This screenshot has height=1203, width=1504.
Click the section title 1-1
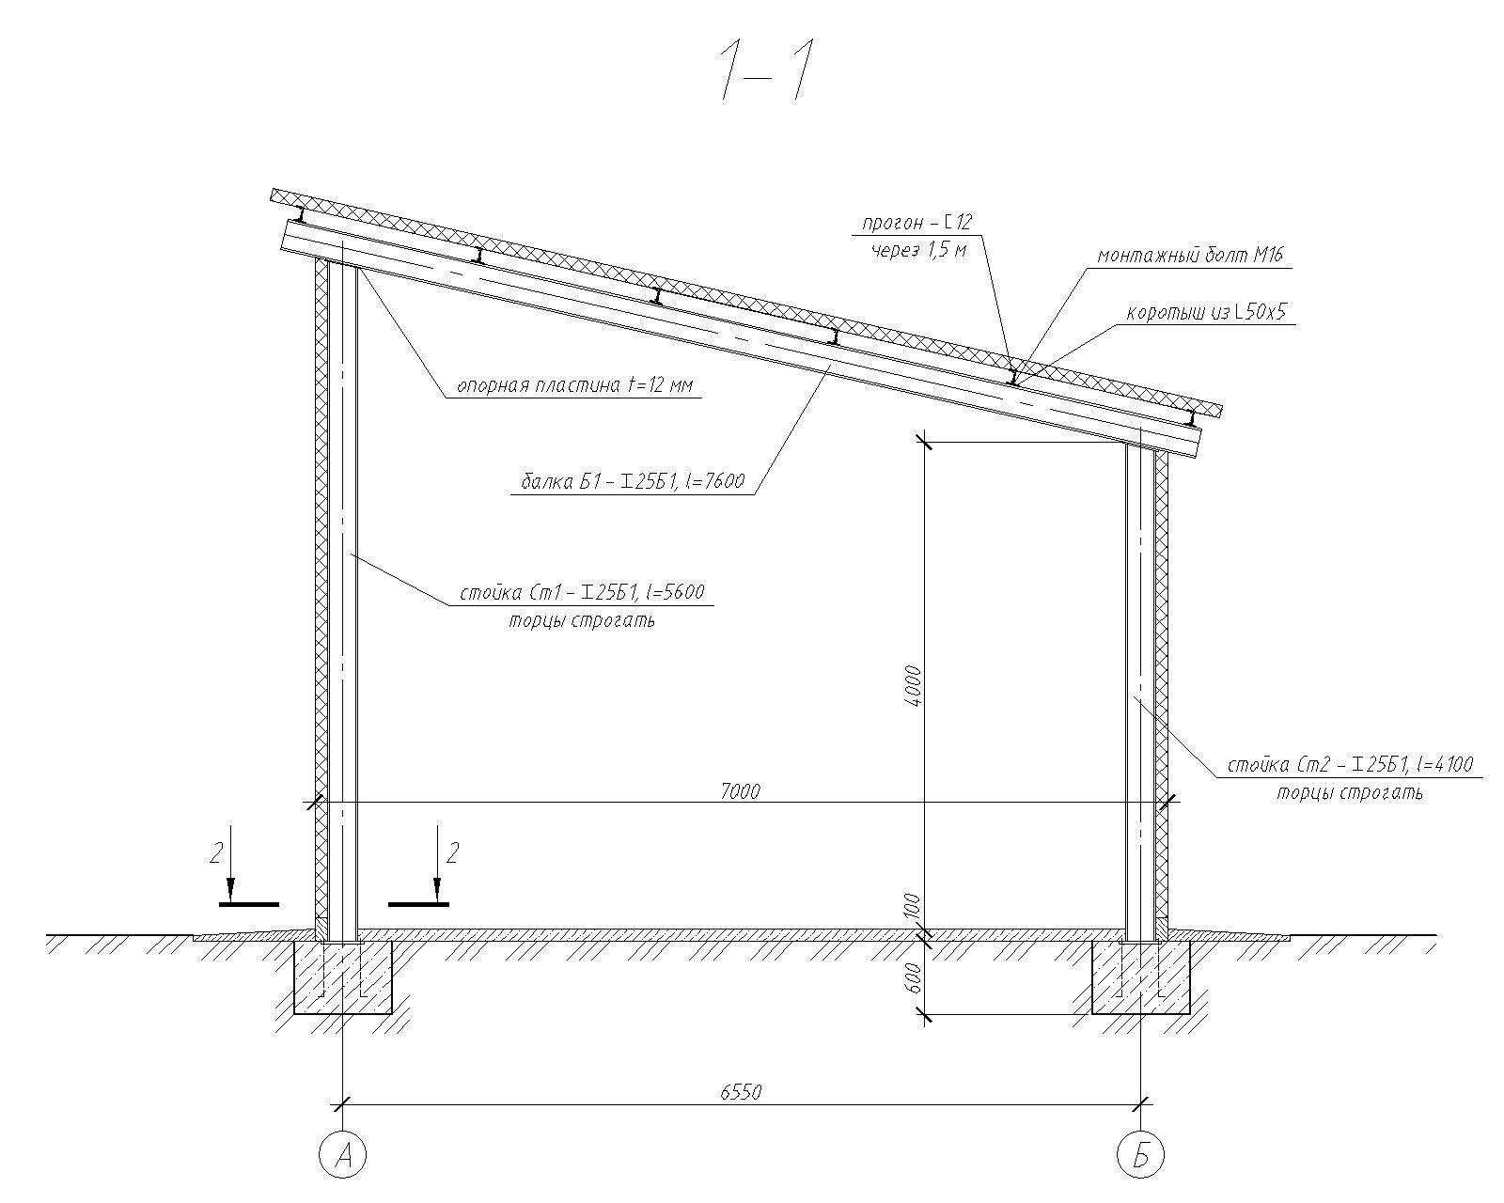[x=766, y=72]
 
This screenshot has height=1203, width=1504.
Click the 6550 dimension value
[x=741, y=1092]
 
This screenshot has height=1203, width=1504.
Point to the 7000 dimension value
[x=740, y=791]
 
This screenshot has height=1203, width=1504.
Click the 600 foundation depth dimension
[x=915, y=977]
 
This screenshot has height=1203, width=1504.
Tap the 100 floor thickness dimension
[x=915, y=907]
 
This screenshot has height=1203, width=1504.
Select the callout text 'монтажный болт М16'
[x=1190, y=255]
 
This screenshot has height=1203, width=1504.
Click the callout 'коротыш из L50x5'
[x=1206, y=312]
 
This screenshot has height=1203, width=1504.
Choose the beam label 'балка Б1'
[x=557, y=481]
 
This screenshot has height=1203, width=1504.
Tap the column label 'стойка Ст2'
[x=1268, y=765]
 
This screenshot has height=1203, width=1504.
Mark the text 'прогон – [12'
[x=916, y=223]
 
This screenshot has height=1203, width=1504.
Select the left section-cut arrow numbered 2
[x=230, y=866]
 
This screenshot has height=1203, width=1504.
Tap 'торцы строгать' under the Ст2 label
[x=1350, y=793]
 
